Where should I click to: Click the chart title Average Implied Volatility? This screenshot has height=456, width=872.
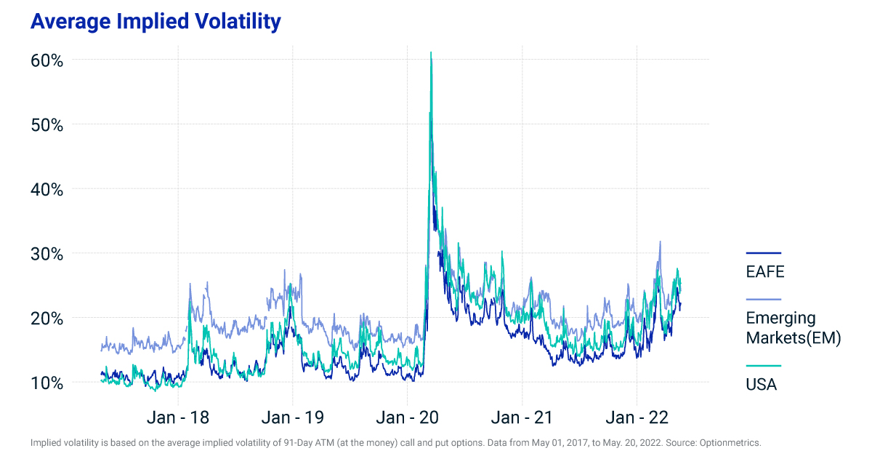[x=155, y=22]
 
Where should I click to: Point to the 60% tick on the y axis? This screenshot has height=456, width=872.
[x=47, y=60]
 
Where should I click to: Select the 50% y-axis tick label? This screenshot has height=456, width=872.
[x=47, y=125]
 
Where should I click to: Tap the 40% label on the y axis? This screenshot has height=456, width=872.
[x=47, y=190]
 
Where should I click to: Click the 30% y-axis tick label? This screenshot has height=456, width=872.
[x=47, y=255]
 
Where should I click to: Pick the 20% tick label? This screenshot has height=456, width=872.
[x=47, y=319]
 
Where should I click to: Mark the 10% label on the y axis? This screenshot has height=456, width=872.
[x=47, y=383]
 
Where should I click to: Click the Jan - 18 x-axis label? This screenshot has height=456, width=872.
[x=178, y=417]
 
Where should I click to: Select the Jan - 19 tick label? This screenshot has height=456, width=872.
[x=293, y=417]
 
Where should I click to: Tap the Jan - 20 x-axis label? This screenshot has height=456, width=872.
[x=407, y=417]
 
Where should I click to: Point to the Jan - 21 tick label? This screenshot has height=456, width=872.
[x=522, y=417]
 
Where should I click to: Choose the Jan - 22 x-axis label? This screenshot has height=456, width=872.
[x=637, y=417]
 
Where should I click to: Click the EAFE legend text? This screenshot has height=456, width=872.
[x=765, y=272]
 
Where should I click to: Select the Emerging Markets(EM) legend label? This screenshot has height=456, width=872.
[x=793, y=328]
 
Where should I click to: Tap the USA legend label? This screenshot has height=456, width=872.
[x=761, y=385]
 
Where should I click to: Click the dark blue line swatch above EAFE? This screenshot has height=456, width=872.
[x=763, y=253]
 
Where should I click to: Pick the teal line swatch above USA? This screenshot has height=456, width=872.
[x=763, y=366]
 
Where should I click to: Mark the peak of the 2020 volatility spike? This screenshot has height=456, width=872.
[x=431, y=52]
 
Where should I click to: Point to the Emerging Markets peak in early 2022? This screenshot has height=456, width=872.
[x=660, y=241]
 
